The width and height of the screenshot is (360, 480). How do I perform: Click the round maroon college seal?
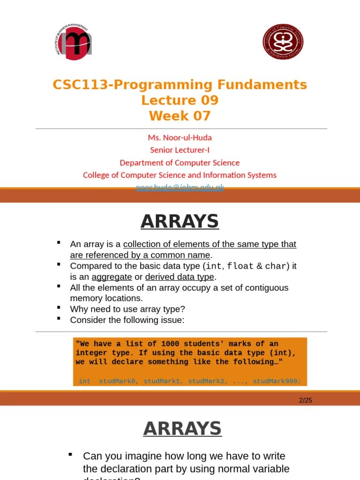click(283, 42)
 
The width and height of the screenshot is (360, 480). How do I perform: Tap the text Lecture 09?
click(180, 100)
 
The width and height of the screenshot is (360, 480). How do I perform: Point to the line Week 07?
click(180, 116)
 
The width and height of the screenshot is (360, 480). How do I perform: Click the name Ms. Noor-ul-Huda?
click(180, 138)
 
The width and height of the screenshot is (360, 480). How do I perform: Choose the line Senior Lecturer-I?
click(180, 150)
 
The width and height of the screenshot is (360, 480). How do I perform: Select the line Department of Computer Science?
click(180, 163)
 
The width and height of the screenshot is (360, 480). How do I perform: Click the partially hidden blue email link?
click(180, 187)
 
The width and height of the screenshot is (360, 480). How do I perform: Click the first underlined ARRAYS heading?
click(180, 221)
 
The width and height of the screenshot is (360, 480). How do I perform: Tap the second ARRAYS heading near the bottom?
click(182, 428)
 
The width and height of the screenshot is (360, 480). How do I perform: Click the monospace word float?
click(240, 266)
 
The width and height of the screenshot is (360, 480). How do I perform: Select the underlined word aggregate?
click(112, 277)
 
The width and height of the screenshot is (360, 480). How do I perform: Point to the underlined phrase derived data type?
click(180, 277)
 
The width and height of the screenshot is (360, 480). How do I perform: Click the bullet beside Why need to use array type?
click(59, 307)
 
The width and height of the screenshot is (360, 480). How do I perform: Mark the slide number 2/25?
click(305, 400)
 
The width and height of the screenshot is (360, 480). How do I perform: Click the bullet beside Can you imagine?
click(70, 454)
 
